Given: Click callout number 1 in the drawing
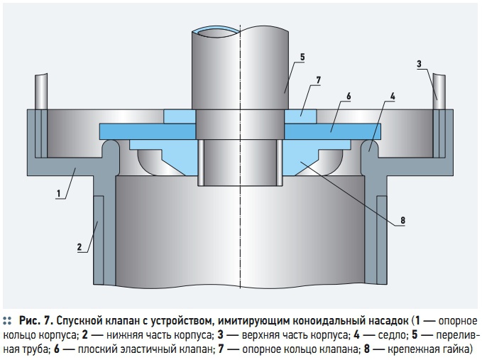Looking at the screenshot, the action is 58,194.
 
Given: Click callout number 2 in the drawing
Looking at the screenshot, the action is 80,247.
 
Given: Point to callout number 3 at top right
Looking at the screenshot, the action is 419,64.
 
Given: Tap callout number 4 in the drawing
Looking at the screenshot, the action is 393,97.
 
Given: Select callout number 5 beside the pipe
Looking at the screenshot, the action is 302,58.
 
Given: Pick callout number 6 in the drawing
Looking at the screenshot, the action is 349,97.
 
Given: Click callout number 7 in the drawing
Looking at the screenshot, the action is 319,80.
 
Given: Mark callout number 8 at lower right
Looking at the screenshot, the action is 402,220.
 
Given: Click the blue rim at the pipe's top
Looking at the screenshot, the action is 215,30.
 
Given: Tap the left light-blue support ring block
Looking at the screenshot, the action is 179,117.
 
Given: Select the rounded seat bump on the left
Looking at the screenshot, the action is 110,148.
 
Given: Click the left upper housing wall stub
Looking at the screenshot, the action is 41,92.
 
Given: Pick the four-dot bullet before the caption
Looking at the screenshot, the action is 7,321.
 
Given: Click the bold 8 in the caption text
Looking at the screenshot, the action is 367,349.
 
